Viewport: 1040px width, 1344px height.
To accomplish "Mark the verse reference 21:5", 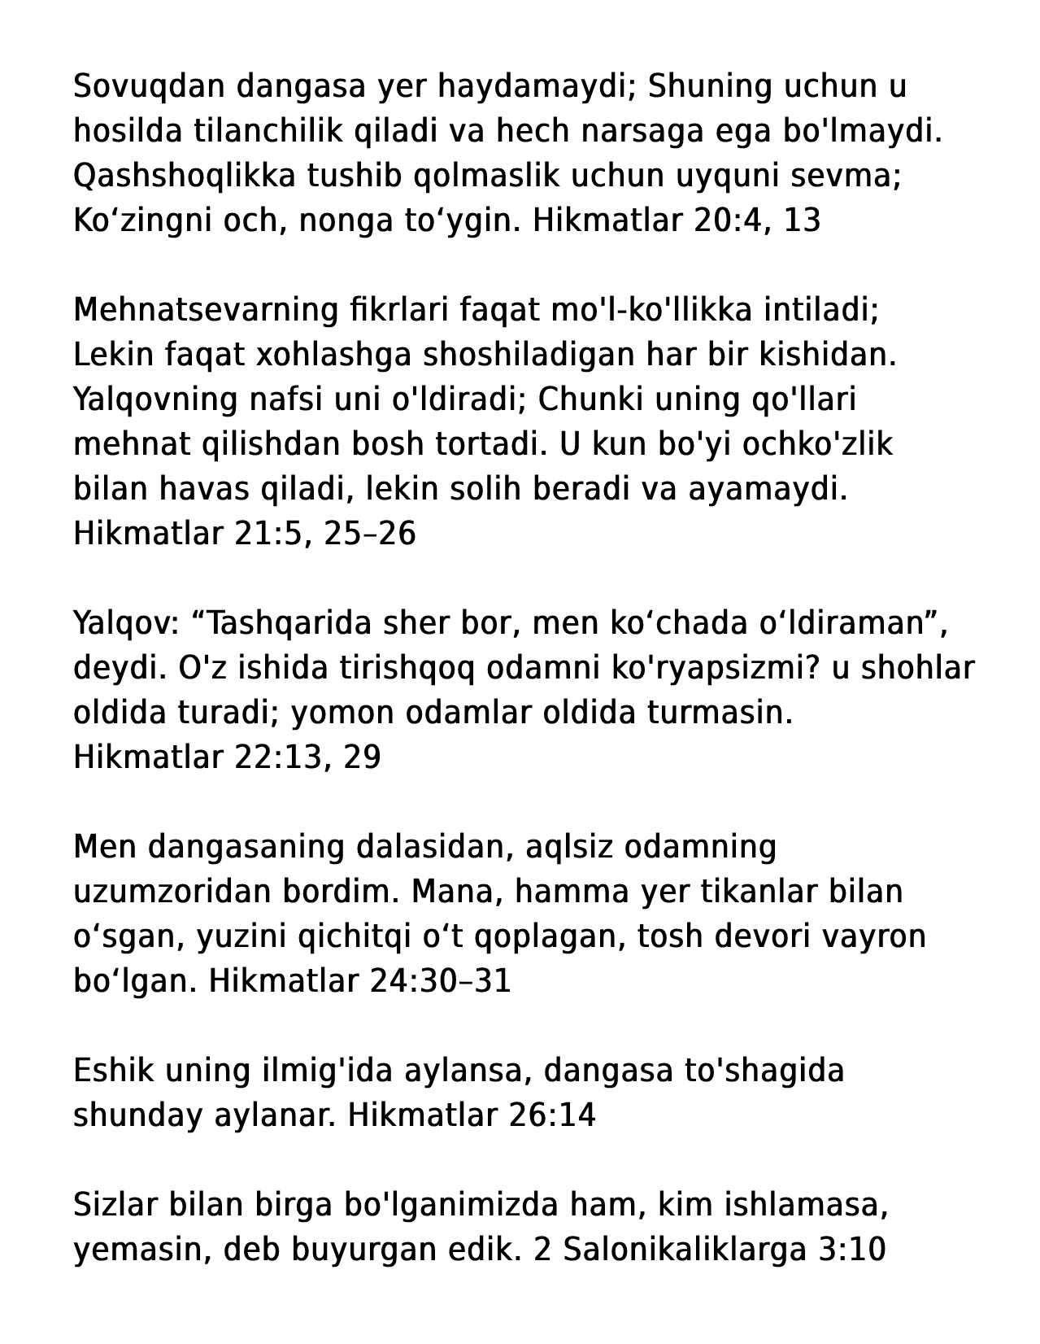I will (273, 534).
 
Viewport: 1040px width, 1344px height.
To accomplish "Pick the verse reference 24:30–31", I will (440, 981).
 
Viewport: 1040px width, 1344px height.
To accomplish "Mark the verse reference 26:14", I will (552, 1115).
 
